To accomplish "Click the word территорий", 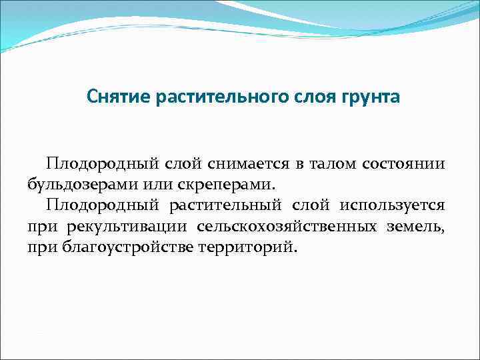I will point(249,248).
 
